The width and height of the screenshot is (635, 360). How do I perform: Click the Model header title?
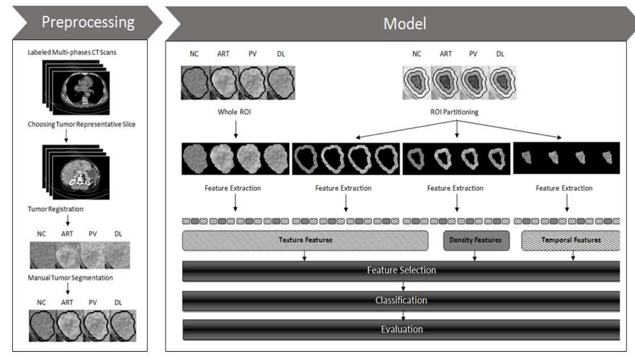tap(404, 24)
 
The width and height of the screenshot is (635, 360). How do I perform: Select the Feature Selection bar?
tap(401, 270)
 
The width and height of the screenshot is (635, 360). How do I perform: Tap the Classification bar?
tap(401, 300)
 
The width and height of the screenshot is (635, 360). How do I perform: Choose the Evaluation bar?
tap(401, 329)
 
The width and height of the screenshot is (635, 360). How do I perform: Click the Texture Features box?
tap(305, 240)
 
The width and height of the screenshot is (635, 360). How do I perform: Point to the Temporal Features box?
tap(571, 240)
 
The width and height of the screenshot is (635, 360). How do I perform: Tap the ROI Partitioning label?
tap(457, 113)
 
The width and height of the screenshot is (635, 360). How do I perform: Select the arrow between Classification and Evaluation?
tap(403, 315)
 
